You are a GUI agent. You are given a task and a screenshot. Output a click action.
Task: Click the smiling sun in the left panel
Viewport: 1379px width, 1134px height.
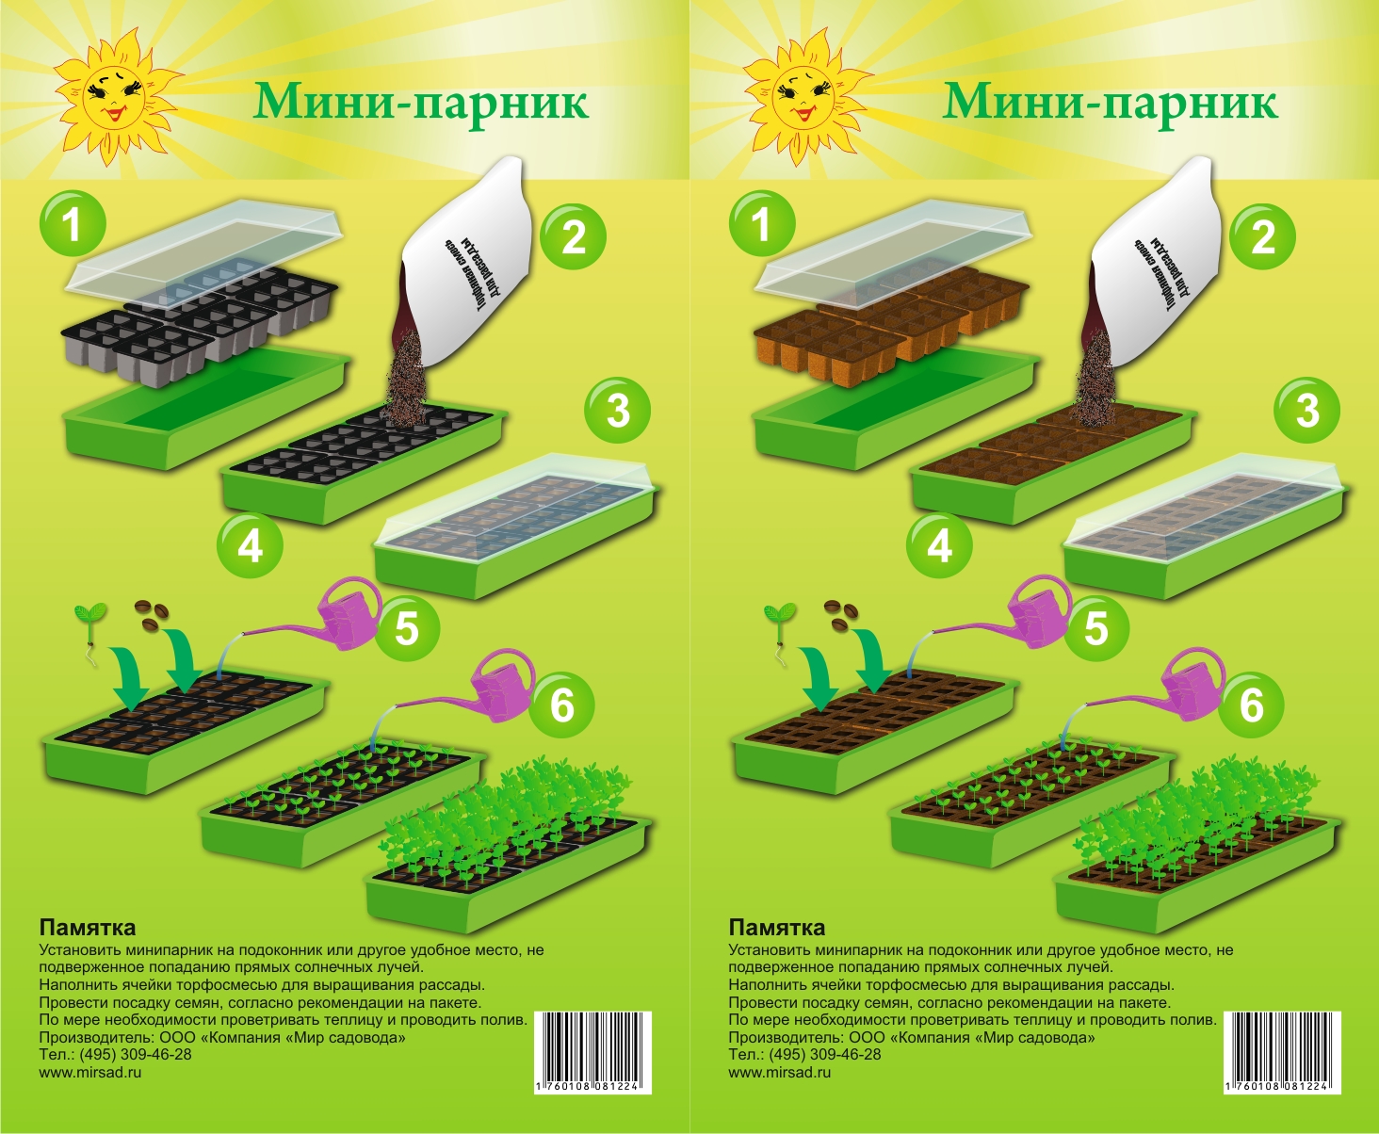tap(115, 93)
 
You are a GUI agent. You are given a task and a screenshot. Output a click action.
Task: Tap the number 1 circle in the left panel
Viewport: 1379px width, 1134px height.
tap(72, 223)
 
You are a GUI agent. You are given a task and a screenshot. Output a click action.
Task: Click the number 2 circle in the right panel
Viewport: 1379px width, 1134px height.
tap(1262, 235)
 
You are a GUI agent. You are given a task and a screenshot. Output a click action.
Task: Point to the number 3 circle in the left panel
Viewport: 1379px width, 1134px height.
tap(617, 411)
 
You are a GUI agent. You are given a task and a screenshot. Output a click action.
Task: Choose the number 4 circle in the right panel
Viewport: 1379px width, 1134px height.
tap(939, 545)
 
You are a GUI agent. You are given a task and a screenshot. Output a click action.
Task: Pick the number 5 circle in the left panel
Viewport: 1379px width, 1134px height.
tap(406, 628)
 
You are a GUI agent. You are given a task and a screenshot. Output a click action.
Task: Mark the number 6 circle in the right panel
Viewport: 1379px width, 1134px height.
tap(1251, 705)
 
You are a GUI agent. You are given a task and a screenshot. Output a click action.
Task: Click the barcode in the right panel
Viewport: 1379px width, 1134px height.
tap(1282, 1053)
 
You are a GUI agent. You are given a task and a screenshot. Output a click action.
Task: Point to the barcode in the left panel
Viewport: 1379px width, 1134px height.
tap(592, 1053)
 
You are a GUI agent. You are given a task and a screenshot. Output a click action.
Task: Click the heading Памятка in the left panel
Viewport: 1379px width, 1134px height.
tap(88, 928)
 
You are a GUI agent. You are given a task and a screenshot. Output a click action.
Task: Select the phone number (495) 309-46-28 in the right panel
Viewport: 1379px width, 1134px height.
tap(825, 1054)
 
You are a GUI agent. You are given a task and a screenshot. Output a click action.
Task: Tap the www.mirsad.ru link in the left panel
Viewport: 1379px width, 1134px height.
tap(90, 1072)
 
